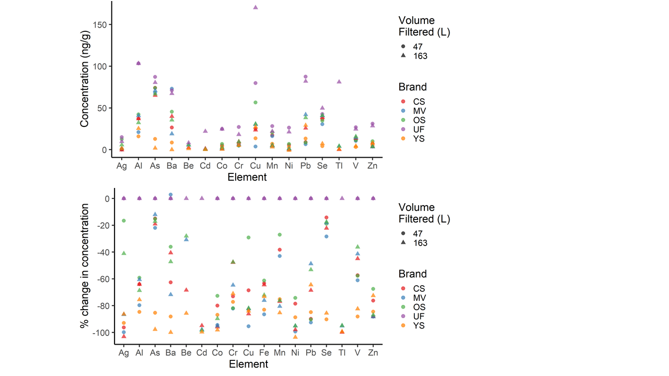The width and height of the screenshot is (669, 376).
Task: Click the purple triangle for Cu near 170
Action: click(x=256, y=7)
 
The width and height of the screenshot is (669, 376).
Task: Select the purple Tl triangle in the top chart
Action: click(x=339, y=81)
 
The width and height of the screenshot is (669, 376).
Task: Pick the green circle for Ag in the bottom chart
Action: click(x=124, y=221)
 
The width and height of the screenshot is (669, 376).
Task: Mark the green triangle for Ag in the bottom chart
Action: click(x=124, y=253)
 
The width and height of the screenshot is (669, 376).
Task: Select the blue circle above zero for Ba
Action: click(x=170, y=195)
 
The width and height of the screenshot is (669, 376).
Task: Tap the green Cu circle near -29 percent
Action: click(x=248, y=238)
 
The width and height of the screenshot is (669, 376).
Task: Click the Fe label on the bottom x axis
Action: click(x=264, y=354)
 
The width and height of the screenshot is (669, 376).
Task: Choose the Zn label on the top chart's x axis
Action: click(x=373, y=166)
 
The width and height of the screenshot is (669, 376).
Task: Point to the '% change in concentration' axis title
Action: click(x=85, y=265)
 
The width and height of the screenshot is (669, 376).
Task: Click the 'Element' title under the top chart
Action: click(x=247, y=178)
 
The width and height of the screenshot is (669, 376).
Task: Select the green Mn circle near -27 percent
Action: click(x=280, y=235)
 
